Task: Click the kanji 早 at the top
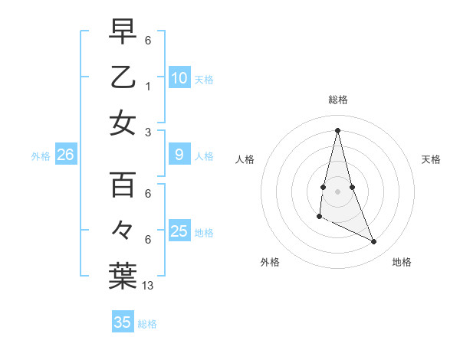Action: [123, 31]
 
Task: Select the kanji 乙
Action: [123, 77]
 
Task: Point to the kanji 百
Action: [123, 185]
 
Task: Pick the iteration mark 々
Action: [123, 231]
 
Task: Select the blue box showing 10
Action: [179, 77]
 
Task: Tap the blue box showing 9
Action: [179, 155]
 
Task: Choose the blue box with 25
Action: [179, 231]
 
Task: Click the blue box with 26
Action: [65, 155]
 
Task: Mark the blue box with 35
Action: [123, 322]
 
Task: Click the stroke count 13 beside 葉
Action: [148, 286]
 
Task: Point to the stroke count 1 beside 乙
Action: [147, 87]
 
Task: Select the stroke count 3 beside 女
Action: [147, 132]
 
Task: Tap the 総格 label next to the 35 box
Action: [147, 324]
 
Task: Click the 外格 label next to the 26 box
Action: [41, 156]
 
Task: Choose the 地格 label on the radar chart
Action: [402, 262]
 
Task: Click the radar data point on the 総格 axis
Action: [337, 129]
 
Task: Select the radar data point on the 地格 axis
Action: [374, 242]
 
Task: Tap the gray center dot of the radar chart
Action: [337, 191]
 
